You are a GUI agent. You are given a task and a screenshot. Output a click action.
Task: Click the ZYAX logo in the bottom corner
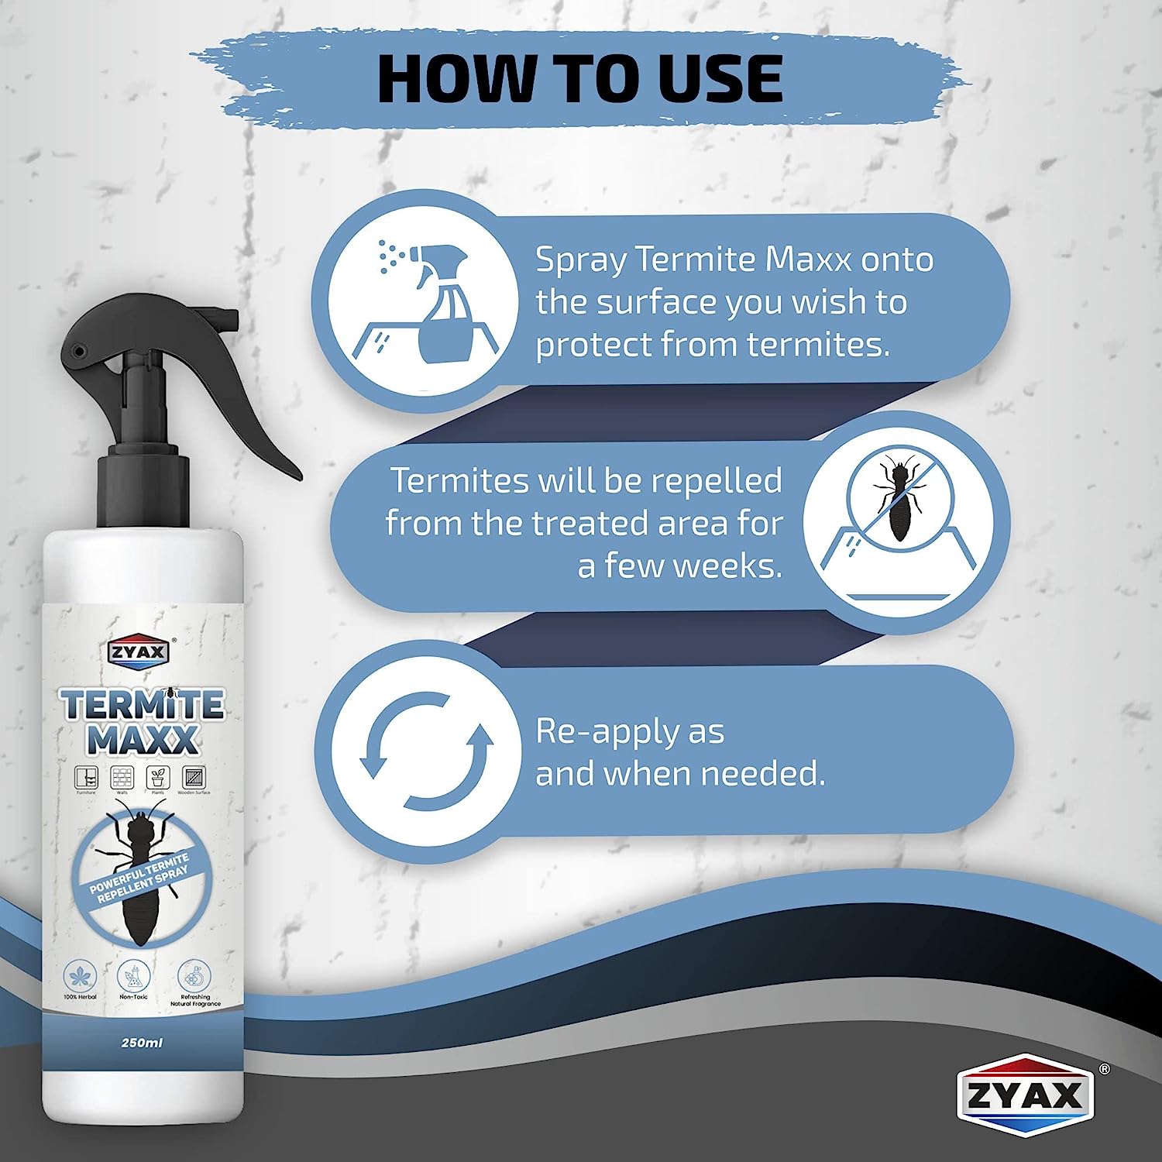1024,1097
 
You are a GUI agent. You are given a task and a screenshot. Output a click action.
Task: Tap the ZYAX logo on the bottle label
138,651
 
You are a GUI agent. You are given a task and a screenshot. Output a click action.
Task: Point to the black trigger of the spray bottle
256,434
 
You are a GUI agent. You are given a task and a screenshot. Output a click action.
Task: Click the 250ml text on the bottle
142,1043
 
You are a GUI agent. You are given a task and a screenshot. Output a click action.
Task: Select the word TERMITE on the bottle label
143,705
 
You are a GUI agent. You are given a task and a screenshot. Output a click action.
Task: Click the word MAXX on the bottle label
143,741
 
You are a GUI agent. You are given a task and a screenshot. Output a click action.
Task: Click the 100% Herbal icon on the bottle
80,975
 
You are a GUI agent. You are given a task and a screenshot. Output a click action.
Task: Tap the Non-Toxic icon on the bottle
133,977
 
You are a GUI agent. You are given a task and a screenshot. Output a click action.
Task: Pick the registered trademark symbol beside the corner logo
1105,1069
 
